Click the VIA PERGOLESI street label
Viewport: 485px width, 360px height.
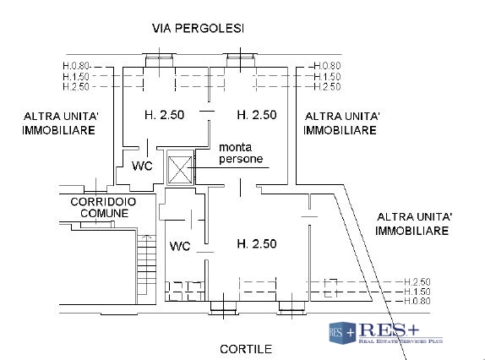[198, 28]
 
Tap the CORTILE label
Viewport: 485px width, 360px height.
[246, 349]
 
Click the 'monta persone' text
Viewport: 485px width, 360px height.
[241, 153]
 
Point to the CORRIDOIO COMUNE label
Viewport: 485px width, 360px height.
[103, 207]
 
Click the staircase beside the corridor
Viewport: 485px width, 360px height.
[147, 265]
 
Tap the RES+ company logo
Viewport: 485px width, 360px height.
[385, 333]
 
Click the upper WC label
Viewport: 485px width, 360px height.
[142, 166]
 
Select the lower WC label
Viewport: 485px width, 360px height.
[180, 246]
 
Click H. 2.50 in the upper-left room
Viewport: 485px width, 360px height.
[164, 115]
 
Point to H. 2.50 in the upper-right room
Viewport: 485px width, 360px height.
[257, 115]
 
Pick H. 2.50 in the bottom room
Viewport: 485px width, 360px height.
[257, 243]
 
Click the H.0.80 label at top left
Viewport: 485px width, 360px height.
[76, 66]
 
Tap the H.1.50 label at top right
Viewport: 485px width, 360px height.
[327, 76]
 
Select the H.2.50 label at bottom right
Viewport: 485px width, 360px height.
[417, 281]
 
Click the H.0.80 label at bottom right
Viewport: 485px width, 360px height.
[417, 301]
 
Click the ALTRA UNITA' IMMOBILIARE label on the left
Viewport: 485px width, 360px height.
[60, 123]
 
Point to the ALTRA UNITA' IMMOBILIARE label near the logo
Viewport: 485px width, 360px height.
[414, 224]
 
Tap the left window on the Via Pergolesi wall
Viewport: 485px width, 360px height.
[160, 60]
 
